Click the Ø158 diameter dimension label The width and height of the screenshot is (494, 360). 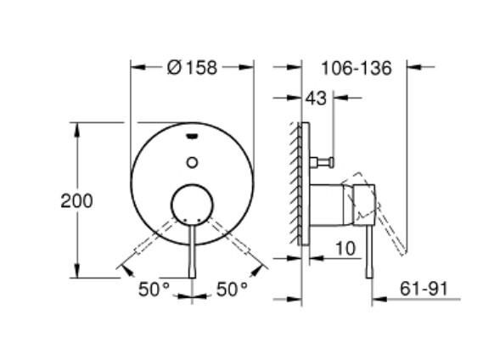click(x=192, y=68)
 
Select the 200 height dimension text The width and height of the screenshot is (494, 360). click(x=77, y=201)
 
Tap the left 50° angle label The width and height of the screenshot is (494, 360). click(x=155, y=290)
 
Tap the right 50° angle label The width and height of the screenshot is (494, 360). click(x=231, y=290)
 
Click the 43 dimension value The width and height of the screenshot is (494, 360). click(x=316, y=99)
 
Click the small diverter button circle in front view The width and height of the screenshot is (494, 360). click(x=192, y=161)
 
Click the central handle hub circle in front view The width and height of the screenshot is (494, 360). click(x=192, y=205)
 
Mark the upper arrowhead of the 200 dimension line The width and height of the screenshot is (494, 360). click(x=79, y=127)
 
